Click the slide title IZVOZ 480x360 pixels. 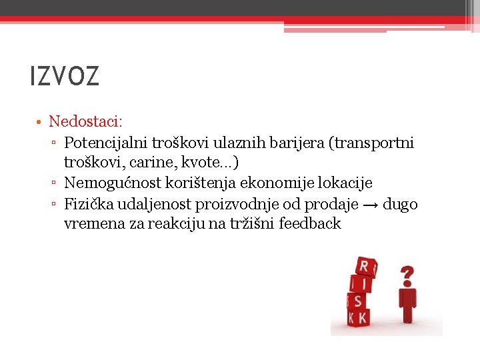point(65,76)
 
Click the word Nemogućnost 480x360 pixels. point(110,183)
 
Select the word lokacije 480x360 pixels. point(347,183)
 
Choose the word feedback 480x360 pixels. point(310,223)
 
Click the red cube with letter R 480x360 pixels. point(365,267)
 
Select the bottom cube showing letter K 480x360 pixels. point(361,317)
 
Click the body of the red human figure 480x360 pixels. point(407,303)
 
